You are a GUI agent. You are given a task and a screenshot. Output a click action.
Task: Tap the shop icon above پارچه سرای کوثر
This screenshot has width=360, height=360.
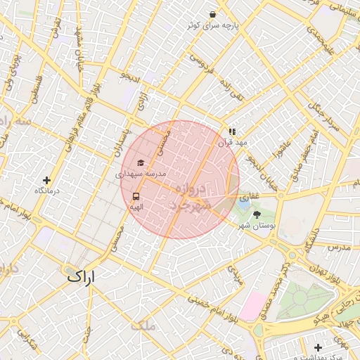[x=212, y=14]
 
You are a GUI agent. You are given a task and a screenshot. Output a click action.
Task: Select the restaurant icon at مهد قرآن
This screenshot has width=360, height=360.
[x=232, y=131]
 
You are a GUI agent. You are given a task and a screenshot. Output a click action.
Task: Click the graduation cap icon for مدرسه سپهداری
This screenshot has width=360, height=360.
[x=141, y=162]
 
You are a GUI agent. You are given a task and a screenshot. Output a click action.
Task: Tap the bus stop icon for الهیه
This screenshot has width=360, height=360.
[x=136, y=197]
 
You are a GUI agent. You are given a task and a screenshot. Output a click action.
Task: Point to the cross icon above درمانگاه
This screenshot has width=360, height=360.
[x=46, y=181]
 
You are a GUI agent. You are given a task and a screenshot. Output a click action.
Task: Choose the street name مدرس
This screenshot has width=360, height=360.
[x=339, y=247]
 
